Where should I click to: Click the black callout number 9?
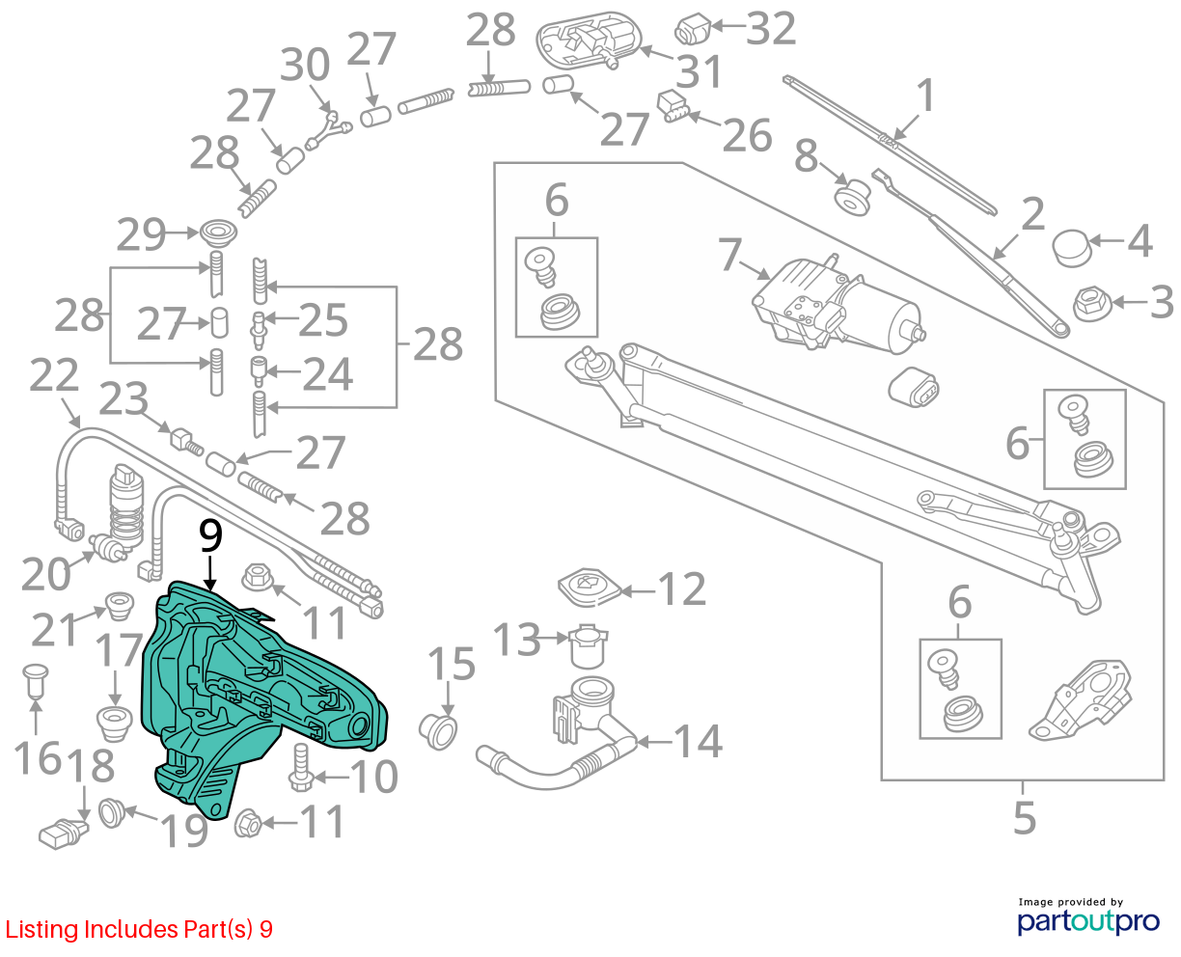(x=210, y=535)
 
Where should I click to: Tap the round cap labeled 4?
(x=1071, y=248)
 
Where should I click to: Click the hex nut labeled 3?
(x=1091, y=304)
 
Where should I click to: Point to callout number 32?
(x=771, y=28)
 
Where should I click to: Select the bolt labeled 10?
(x=301, y=768)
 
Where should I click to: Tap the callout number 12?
(x=682, y=588)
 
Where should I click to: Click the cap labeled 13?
(x=589, y=646)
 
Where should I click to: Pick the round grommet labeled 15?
(x=438, y=732)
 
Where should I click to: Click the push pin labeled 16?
(x=36, y=682)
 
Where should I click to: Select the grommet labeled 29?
(x=218, y=233)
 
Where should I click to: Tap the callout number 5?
(x=1024, y=818)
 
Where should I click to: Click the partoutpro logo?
(x=1087, y=921)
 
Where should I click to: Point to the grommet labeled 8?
(x=852, y=196)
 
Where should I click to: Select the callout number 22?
(x=54, y=375)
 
